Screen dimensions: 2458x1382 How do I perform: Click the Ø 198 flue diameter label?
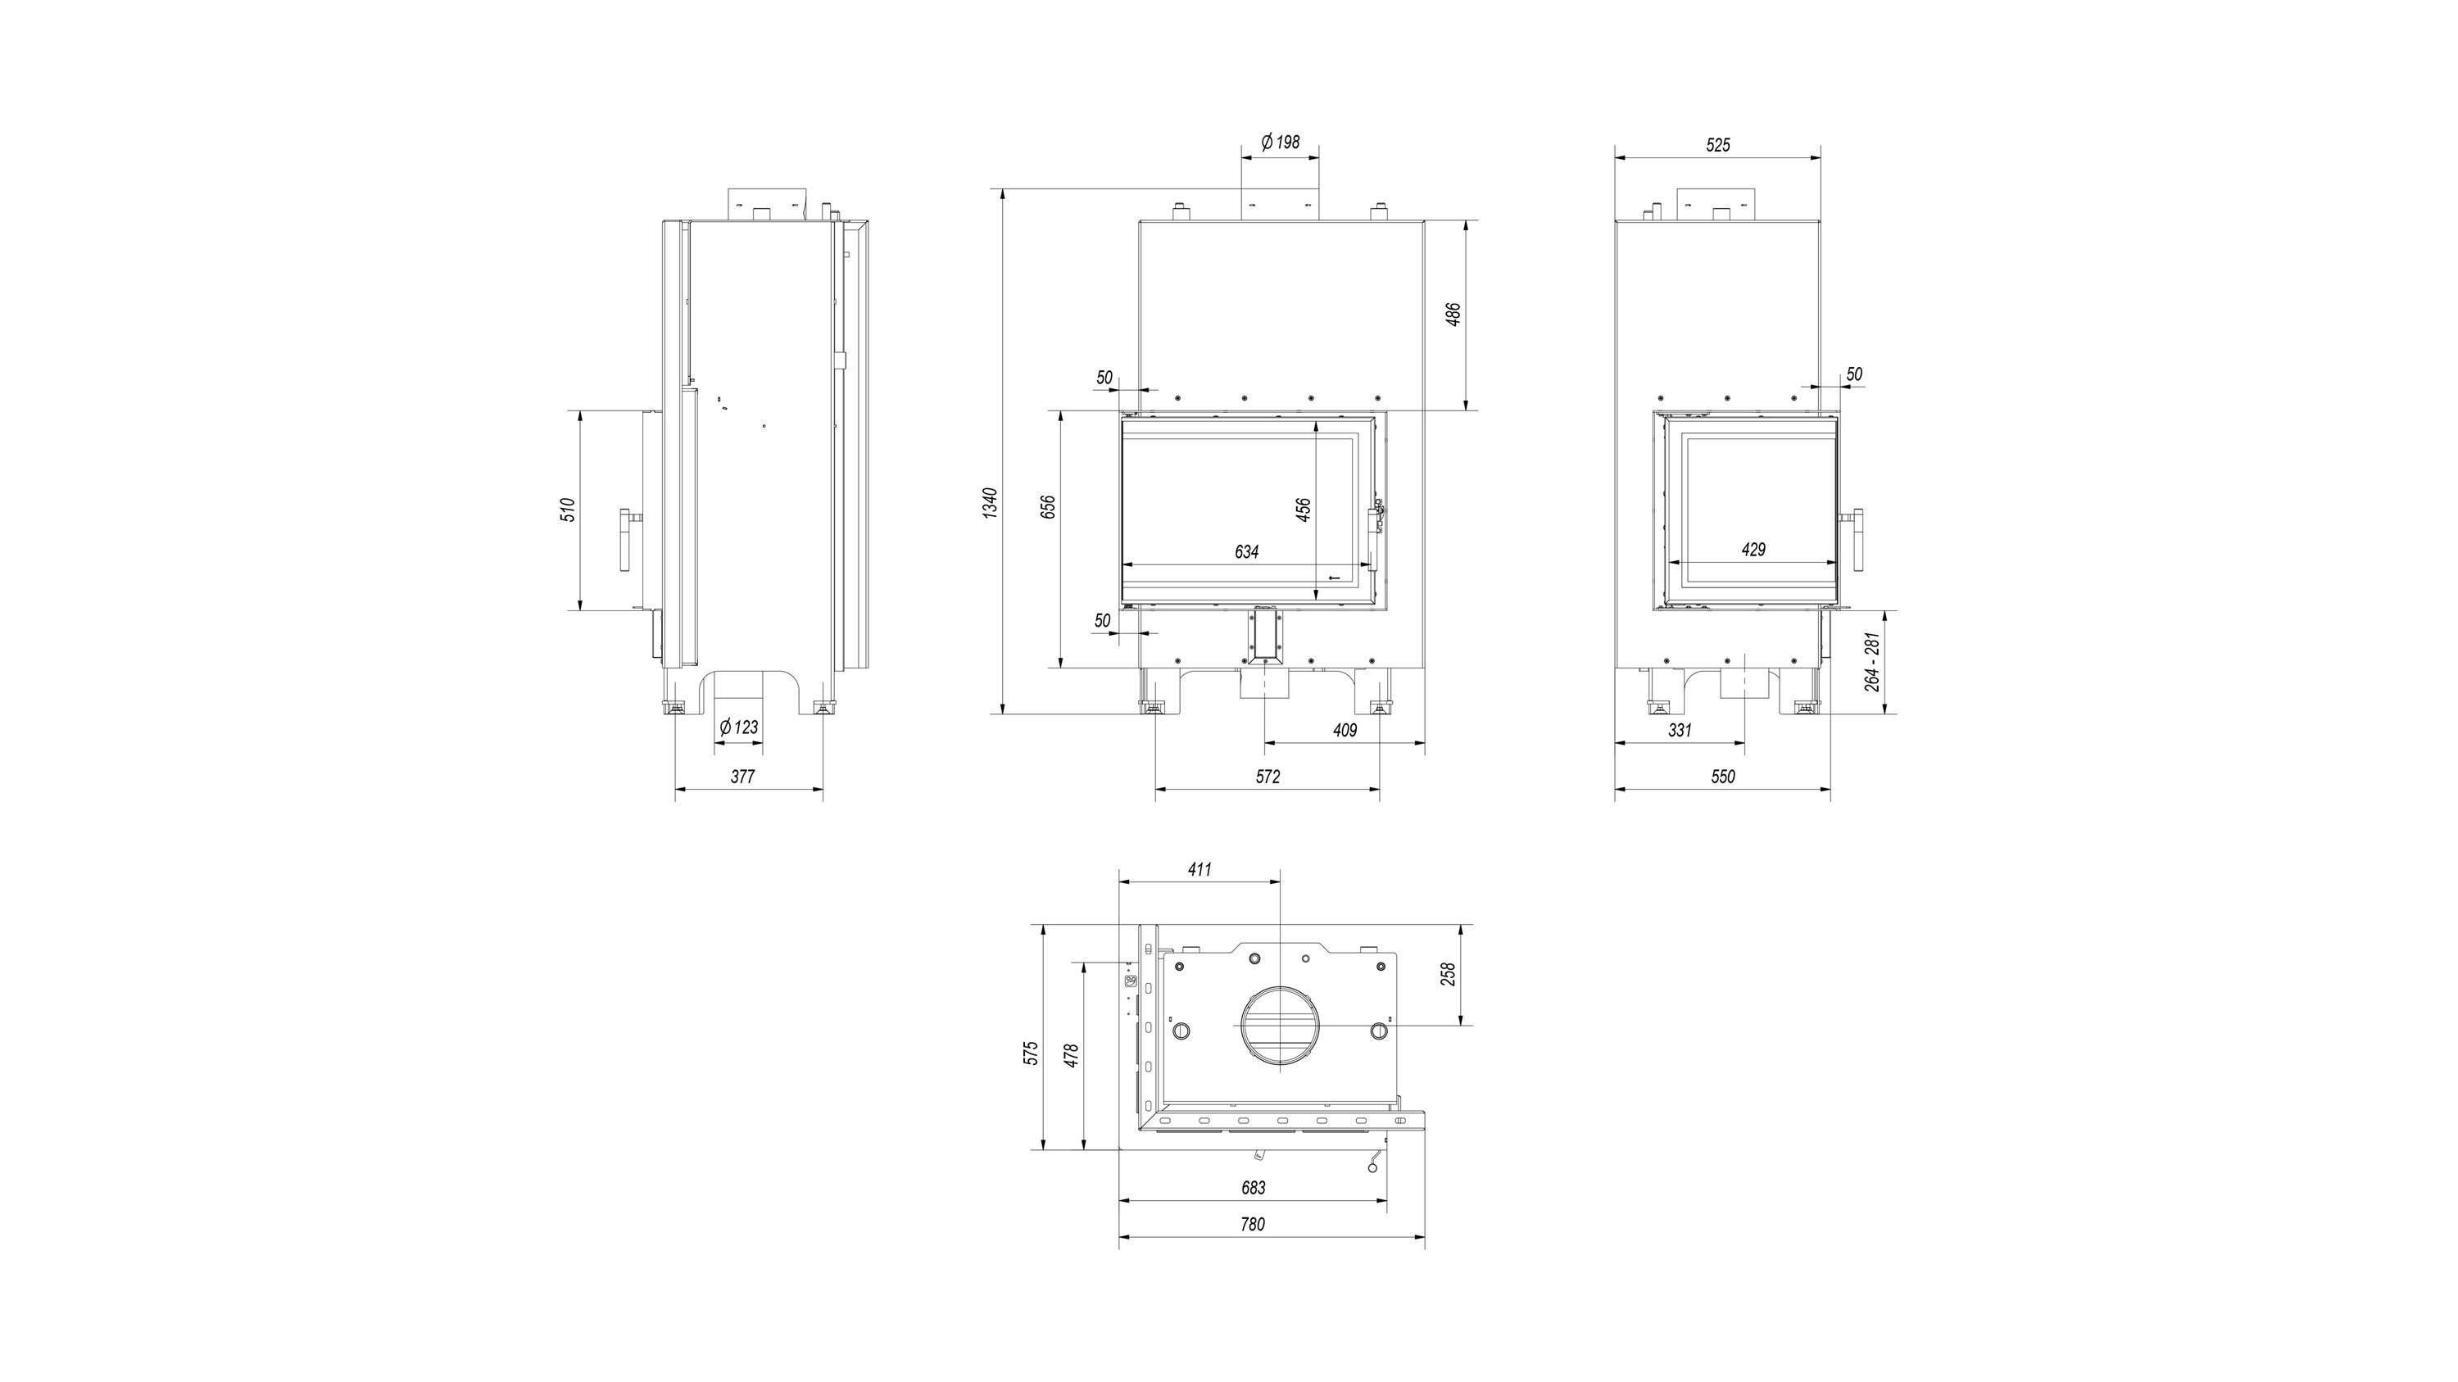[1280, 142]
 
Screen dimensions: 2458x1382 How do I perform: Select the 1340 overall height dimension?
[991, 503]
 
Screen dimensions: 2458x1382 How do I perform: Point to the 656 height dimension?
[1048, 506]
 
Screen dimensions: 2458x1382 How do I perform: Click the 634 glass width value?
[1246, 552]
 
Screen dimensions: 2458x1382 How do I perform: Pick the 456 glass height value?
[1304, 510]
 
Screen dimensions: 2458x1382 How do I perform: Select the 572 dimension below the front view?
[1268, 777]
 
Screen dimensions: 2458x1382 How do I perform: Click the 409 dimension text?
[1344, 731]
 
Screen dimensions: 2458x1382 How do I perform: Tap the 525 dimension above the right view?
[1717, 145]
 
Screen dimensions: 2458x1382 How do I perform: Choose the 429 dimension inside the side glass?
[1753, 550]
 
